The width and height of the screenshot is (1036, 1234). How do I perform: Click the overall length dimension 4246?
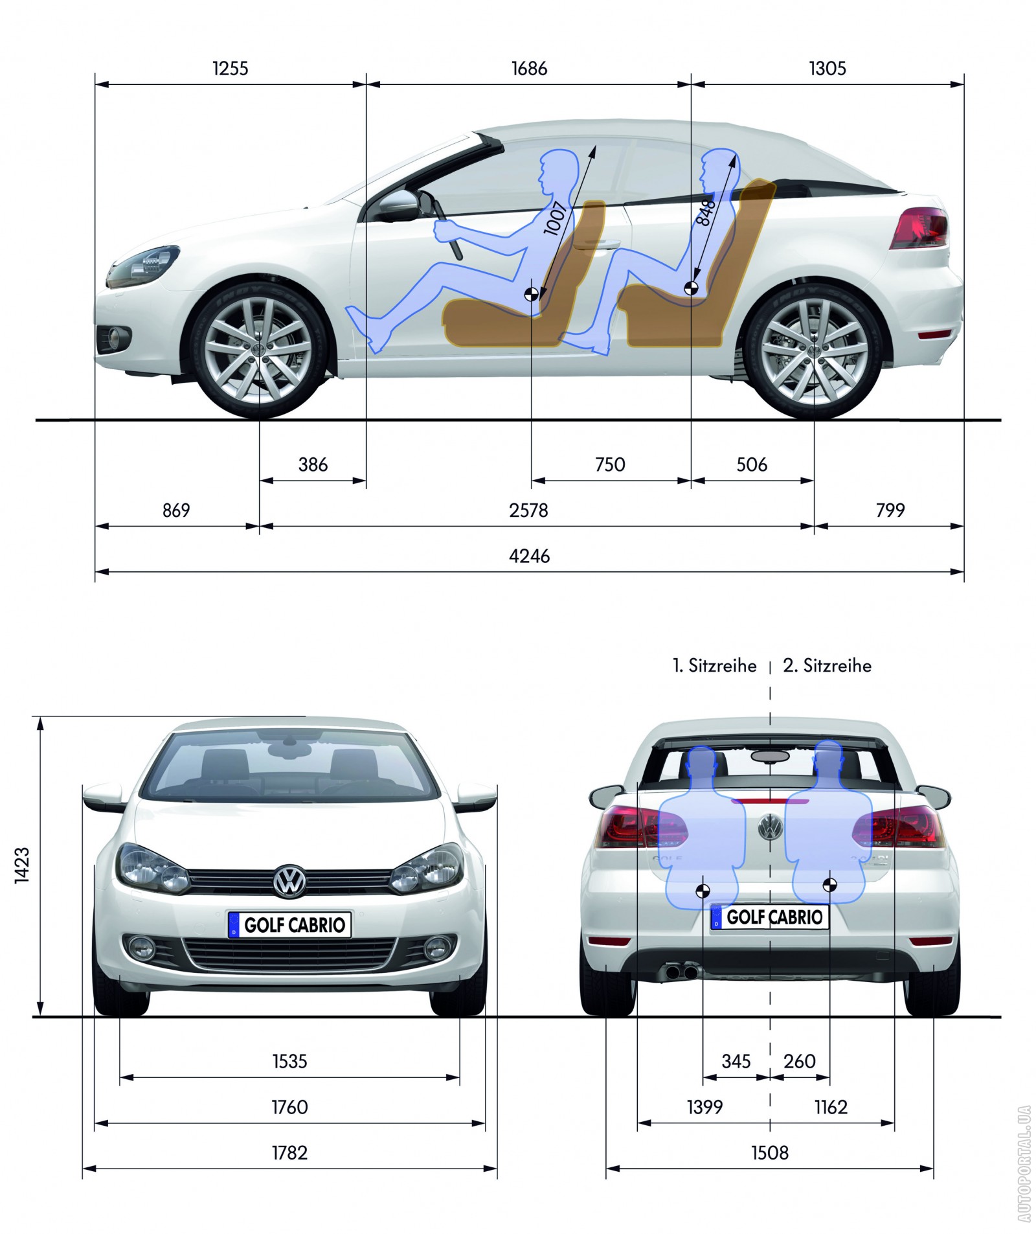pyautogui.click(x=529, y=556)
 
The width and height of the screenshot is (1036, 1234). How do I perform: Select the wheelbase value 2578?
pyautogui.click(x=528, y=510)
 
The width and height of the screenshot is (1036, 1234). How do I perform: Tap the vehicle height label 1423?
pyautogui.click(x=22, y=864)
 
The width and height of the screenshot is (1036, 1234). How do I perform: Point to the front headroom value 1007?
pyautogui.click(x=556, y=218)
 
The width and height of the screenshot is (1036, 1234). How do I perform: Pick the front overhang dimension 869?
pyautogui.click(x=176, y=510)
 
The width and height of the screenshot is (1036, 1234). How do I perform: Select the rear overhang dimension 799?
pyautogui.click(x=890, y=510)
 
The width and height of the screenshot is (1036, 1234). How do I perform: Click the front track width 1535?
pyautogui.click(x=289, y=1061)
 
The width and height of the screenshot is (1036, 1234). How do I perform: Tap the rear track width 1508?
pyautogui.click(x=770, y=1152)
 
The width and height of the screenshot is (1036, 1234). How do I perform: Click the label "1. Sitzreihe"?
pyautogui.click(x=715, y=665)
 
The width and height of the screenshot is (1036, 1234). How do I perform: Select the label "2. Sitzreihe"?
pyautogui.click(x=828, y=665)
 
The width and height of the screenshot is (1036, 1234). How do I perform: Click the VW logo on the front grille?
pyautogui.click(x=289, y=880)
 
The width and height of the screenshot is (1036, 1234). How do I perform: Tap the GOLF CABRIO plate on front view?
pyautogui.click(x=289, y=924)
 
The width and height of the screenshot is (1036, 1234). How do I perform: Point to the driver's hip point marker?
pyautogui.click(x=531, y=295)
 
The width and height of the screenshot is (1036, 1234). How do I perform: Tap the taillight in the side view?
pyautogui.click(x=919, y=228)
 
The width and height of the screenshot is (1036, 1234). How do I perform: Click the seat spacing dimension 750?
pyautogui.click(x=610, y=464)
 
